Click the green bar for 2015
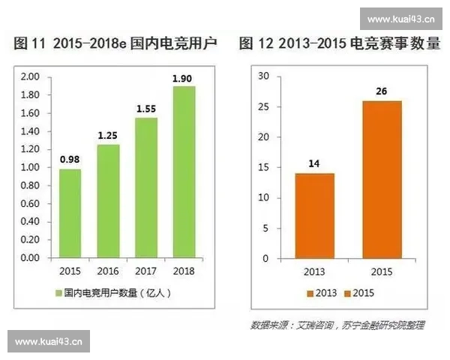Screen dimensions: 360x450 tap(70, 213)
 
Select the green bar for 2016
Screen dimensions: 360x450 tap(108, 201)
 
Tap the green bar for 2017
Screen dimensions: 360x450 tap(146, 187)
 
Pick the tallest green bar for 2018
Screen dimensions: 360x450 tap(184, 172)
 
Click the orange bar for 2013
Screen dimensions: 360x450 tap(314, 216)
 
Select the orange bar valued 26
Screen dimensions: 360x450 tap(382, 179)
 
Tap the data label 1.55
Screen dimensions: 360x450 tap(146, 109)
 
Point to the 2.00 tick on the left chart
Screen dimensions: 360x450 tap(30, 77)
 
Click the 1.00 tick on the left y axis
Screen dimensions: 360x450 tap(30, 167)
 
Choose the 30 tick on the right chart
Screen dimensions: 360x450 tap(263, 76)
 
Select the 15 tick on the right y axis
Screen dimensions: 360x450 tap(263, 167)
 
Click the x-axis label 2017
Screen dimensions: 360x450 tap(146, 271)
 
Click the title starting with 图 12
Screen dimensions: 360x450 tap(339, 45)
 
